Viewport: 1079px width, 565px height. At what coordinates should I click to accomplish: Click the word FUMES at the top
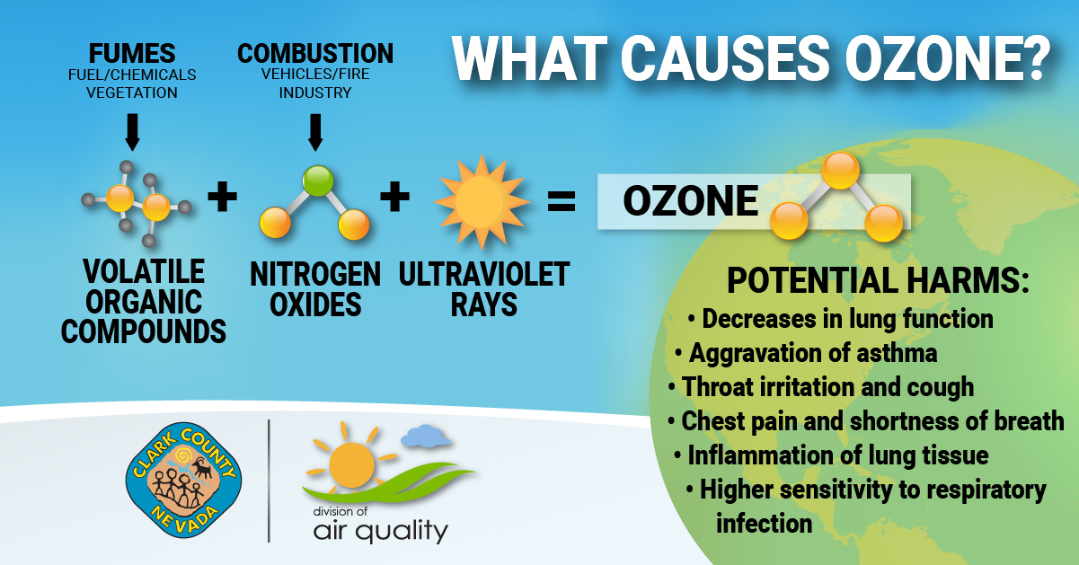[x=132, y=54]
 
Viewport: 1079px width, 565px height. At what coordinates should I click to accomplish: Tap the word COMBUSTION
[x=315, y=54]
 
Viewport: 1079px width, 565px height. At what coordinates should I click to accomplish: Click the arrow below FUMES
[x=132, y=132]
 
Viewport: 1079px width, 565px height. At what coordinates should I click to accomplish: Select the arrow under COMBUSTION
[x=315, y=132]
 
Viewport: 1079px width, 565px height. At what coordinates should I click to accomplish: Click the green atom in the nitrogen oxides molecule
[x=318, y=181]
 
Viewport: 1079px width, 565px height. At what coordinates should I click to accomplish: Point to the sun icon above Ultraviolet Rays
[x=482, y=201]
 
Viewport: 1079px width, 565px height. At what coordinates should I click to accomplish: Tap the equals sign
[x=562, y=200]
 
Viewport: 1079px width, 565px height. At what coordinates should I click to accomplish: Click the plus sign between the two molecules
[x=222, y=197]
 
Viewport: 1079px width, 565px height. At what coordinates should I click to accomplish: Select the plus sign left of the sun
[x=394, y=197]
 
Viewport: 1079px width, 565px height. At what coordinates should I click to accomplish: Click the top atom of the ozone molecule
[x=841, y=170]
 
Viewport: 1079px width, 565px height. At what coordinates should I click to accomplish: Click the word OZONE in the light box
[x=690, y=201]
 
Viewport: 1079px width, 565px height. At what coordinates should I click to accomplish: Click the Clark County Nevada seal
[x=183, y=481]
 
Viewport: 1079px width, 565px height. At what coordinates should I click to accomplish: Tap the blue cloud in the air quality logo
[x=426, y=436]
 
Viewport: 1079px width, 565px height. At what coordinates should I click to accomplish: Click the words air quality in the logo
[x=381, y=531]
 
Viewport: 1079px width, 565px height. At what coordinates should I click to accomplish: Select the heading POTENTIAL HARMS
[x=878, y=280]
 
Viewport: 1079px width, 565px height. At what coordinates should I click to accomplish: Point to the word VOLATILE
[x=144, y=271]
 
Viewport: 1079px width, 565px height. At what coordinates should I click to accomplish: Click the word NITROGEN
[x=315, y=275]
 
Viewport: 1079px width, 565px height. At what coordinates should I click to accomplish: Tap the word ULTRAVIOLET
[x=484, y=275]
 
